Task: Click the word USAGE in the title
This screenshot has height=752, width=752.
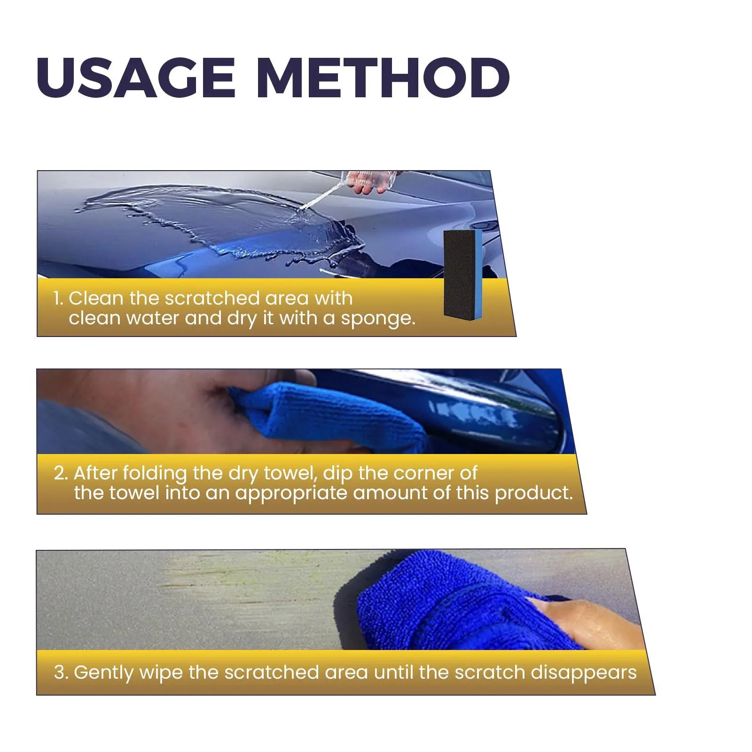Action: point(136,78)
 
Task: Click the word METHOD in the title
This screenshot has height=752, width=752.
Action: point(384,78)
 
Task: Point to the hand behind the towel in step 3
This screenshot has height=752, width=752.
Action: point(587,620)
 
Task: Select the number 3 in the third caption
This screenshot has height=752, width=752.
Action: point(61,673)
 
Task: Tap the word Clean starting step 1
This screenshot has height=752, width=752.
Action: point(96,298)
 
